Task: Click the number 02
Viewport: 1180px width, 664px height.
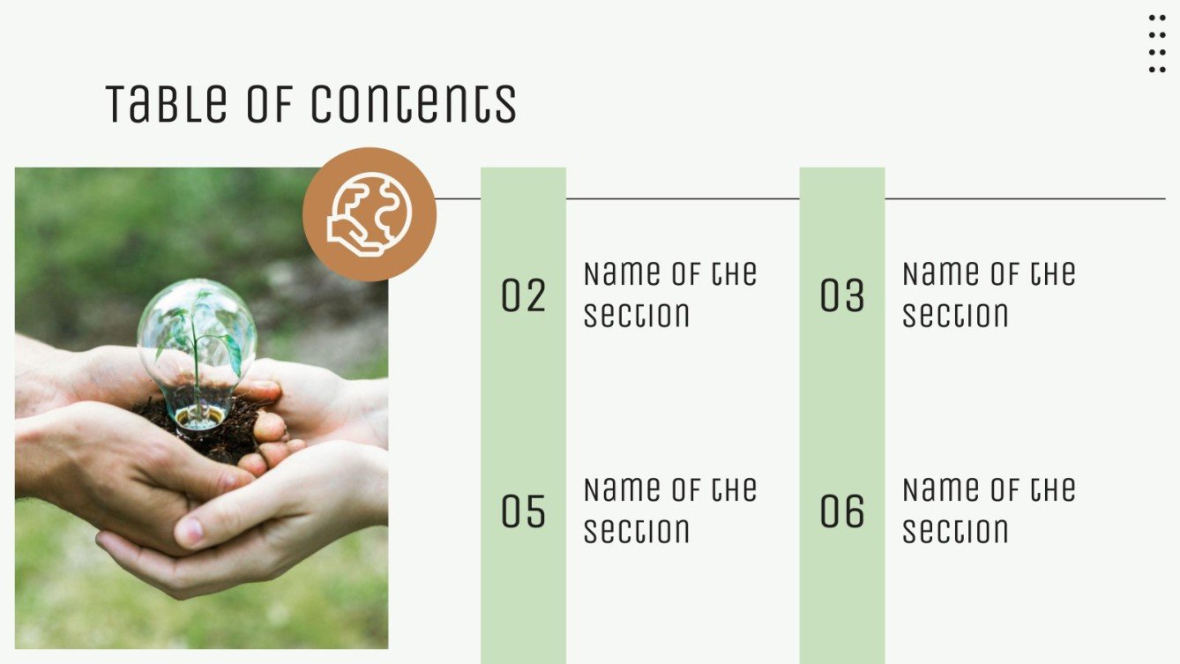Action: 524,295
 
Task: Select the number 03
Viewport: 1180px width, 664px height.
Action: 842,295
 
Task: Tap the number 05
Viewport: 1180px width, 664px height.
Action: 524,511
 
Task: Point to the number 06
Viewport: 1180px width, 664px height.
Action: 842,511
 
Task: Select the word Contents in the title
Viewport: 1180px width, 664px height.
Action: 414,103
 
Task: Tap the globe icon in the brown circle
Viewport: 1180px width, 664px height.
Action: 370,213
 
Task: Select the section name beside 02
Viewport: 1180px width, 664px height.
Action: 670,295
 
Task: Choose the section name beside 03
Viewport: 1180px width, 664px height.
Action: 989,295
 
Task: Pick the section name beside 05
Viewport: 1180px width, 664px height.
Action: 670,511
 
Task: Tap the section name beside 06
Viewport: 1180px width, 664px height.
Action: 989,511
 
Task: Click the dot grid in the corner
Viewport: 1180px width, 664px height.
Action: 1157,43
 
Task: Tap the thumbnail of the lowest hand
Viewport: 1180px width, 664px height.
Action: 190,531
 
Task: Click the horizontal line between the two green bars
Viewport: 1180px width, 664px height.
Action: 683,198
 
